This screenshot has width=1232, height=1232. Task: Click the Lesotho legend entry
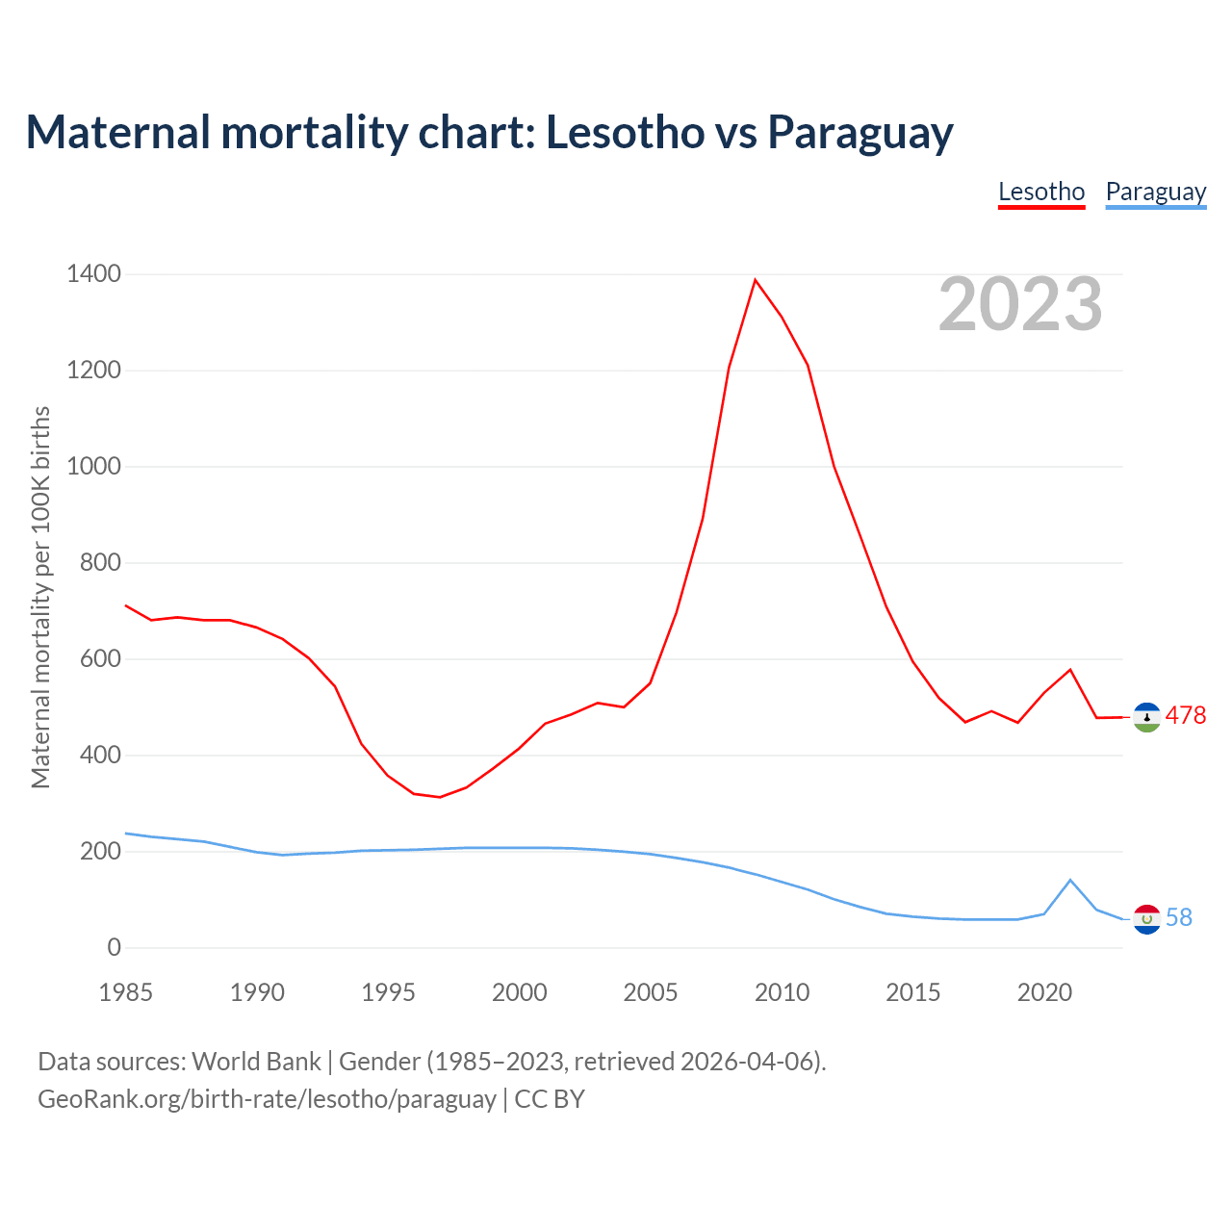(1041, 192)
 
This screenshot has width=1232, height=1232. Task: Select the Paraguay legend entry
(1155, 192)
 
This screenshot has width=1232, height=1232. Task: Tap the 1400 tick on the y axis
(93, 274)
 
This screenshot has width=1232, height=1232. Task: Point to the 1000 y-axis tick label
(93, 467)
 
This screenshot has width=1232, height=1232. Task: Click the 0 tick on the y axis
(115, 948)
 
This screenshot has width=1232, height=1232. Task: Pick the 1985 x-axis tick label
(126, 992)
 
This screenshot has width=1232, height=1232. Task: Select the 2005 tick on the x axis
(651, 992)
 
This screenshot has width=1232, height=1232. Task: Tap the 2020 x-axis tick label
(1044, 992)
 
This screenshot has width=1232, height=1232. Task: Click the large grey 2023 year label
(1020, 304)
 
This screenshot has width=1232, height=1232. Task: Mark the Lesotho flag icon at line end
(1147, 717)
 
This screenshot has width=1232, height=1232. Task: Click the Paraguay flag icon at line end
(1147, 919)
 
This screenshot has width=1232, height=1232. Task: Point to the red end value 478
(1186, 716)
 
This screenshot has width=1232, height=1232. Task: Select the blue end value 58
(1179, 918)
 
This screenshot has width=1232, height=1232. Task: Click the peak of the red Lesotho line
(756, 280)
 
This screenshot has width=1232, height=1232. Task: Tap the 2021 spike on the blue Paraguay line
(1070, 880)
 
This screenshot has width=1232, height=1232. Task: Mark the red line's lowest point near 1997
(440, 797)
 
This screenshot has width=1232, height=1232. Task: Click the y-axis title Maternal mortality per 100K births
(40, 597)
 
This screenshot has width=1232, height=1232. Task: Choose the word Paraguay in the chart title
(860, 132)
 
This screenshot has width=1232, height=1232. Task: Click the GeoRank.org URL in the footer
(267, 1098)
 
